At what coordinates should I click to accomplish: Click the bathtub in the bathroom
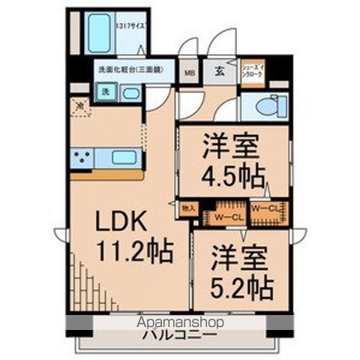click(99, 33)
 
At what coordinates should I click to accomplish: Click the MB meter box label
click(189, 73)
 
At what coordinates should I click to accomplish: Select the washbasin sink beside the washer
click(130, 93)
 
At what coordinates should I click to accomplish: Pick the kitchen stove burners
click(82, 157)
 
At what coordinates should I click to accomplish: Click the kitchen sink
click(124, 157)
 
